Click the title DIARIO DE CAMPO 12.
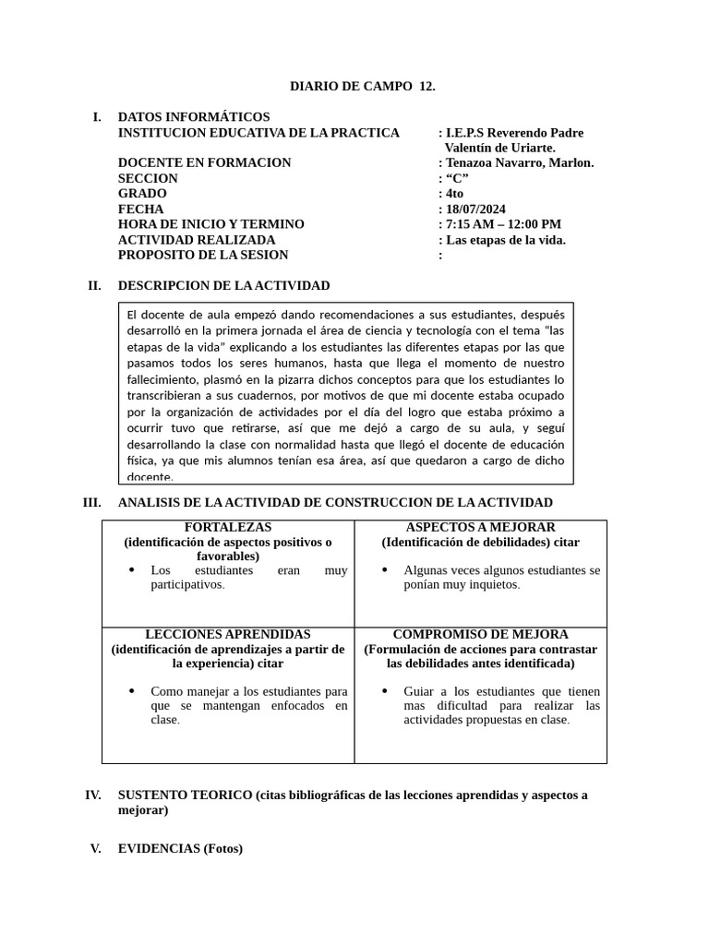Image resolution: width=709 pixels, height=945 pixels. [362, 87]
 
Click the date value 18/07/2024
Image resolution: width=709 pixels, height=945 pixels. [475, 209]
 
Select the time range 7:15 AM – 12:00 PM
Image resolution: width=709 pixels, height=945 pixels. [503, 224]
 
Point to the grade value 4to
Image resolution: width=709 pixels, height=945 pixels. [454, 194]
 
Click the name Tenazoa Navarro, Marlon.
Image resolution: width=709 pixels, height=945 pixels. [520, 163]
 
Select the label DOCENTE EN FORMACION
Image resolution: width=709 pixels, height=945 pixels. [204, 163]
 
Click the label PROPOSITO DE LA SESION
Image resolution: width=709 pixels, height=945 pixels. [203, 255]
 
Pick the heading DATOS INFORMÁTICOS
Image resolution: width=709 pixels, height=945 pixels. [194, 117]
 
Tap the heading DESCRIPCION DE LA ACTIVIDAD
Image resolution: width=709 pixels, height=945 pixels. [223, 286]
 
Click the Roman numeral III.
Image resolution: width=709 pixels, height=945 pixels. [91, 503]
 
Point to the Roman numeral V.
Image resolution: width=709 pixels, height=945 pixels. [95, 849]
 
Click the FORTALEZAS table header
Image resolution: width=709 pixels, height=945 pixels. [227, 527]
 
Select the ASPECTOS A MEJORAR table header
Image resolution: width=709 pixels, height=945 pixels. [480, 527]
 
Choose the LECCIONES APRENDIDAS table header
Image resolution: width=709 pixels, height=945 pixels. [227, 635]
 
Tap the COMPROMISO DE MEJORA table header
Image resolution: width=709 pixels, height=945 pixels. [480, 635]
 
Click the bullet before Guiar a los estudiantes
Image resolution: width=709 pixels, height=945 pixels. [385, 691]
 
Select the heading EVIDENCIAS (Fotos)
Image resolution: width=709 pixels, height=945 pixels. [180, 849]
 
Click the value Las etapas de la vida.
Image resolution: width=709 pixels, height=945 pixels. [505, 240]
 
